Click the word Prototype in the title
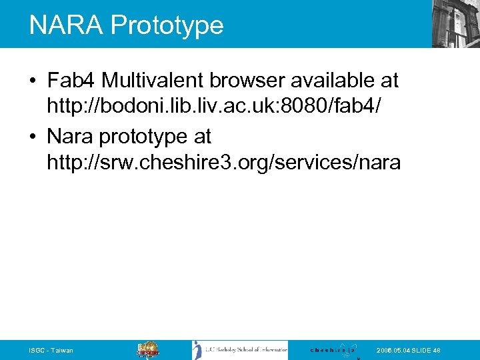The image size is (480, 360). (167, 25)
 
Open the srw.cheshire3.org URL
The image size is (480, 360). (224, 162)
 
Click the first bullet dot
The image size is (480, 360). (33, 81)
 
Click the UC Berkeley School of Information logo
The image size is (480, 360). (240, 350)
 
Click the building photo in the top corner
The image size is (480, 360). (455, 23)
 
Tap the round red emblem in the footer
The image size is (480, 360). (148, 350)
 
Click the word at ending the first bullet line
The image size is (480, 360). (388, 81)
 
